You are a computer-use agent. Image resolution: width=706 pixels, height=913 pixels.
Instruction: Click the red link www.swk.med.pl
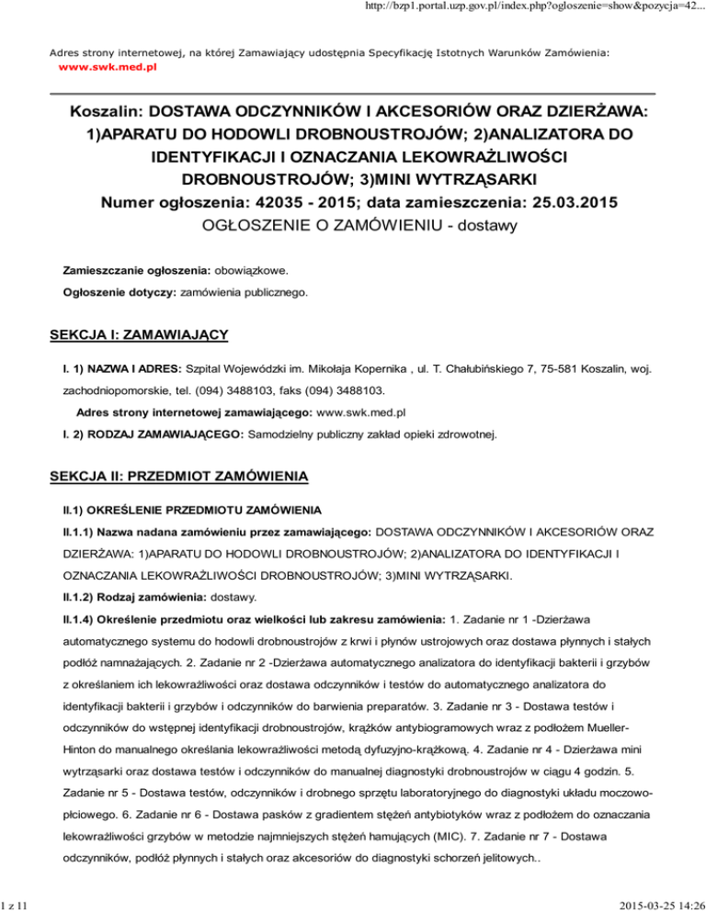(x=108, y=68)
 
